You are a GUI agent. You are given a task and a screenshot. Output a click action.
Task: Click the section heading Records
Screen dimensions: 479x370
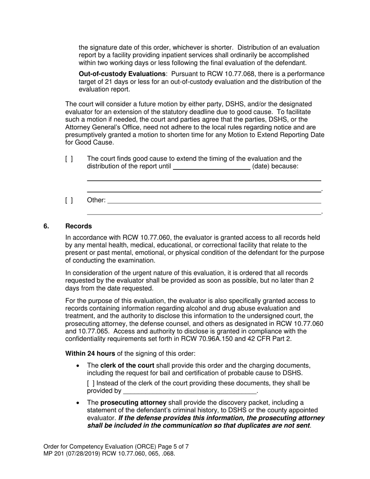[79, 226]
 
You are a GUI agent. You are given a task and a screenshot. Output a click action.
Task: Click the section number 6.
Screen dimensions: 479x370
[46, 226]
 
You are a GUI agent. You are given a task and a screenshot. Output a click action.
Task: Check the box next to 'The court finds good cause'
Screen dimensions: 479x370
[69, 159]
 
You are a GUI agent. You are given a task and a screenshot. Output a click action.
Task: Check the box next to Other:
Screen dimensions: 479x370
[69, 201]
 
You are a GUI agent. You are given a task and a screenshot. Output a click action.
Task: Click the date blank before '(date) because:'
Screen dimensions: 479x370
[211, 166]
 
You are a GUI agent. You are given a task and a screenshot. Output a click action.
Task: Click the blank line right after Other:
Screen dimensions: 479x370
[214, 200]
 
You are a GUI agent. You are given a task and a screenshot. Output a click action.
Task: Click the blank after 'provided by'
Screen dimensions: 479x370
[190, 391]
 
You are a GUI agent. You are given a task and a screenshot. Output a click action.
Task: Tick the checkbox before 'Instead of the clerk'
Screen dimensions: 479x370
[90, 383]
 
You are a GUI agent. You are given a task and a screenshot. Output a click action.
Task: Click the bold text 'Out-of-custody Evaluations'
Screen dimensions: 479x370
[122, 74]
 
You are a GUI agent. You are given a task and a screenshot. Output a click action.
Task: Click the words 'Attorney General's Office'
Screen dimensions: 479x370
[102, 127]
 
